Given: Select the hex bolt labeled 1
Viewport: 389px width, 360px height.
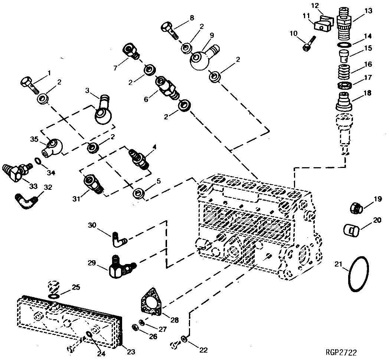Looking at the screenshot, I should (x=29, y=84).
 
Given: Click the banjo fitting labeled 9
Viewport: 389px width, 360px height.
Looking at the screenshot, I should (x=203, y=57).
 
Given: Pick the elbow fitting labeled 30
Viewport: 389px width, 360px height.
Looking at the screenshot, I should (x=119, y=240).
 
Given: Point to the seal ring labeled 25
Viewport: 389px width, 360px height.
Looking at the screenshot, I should (x=53, y=296).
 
